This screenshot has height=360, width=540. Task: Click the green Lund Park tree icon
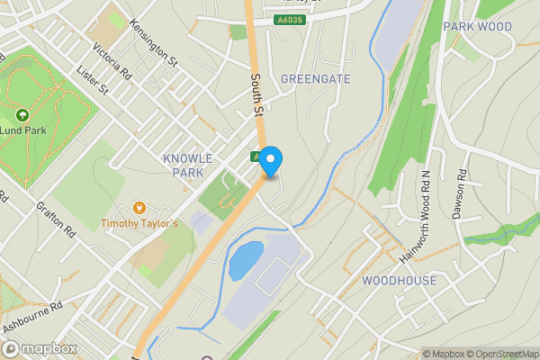22,115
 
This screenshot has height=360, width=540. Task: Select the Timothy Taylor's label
139,222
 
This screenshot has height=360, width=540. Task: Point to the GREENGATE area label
315,79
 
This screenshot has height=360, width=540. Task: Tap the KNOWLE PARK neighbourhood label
189,165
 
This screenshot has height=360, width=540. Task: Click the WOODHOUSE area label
399,281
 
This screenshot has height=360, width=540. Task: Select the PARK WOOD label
477,27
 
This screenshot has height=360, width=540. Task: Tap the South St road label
256,95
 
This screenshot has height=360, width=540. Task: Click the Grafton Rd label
55,219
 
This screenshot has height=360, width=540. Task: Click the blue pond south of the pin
246,259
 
